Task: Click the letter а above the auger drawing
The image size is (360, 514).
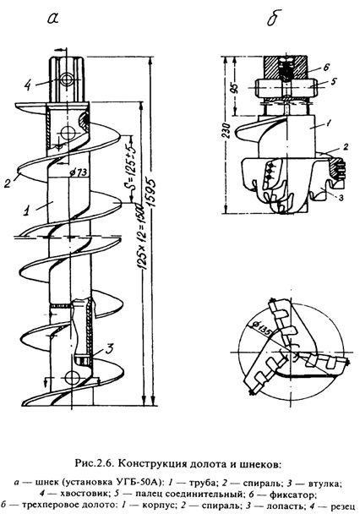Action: pyautogui.click(x=52, y=18)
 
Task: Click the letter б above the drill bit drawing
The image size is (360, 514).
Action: pyautogui.click(x=274, y=18)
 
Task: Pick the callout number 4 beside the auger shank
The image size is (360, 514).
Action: pyautogui.click(x=28, y=85)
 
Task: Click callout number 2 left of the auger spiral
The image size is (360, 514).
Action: pyautogui.click(x=8, y=183)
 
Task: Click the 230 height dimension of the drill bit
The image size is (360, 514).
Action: pyautogui.click(x=230, y=131)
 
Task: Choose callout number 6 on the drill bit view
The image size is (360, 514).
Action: pyautogui.click(x=325, y=68)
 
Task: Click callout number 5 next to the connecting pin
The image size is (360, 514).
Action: pyautogui.click(x=333, y=81)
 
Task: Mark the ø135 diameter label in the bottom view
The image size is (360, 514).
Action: pyautogui.click(x=261, y=329)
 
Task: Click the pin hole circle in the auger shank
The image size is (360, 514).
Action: pyautogui.click(x=67, y=79)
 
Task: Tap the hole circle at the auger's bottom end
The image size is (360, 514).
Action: pyautogui.click(x=72, y=377)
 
